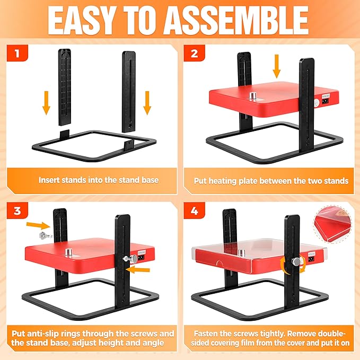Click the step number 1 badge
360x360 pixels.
[x=17, y=53]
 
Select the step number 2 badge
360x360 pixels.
[x=194, y=53]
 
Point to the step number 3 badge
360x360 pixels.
[x=17, y=210]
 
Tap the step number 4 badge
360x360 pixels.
[x=194, y=210]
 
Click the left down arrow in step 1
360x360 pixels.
[x=46, y=103]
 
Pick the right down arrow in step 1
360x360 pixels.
[x=147, y=103]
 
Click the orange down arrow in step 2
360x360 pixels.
[x=277, y=66]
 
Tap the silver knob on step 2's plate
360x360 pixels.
[x=253, y=96]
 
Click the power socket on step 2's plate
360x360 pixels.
[x=324, y=101]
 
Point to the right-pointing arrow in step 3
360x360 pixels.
[x=38, y=225]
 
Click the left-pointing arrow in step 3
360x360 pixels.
[x=138, y=269]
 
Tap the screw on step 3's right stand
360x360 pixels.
[x=130, y=259]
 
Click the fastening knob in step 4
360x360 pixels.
[x=296, y=262]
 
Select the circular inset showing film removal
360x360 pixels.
[x=332, y=224]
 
